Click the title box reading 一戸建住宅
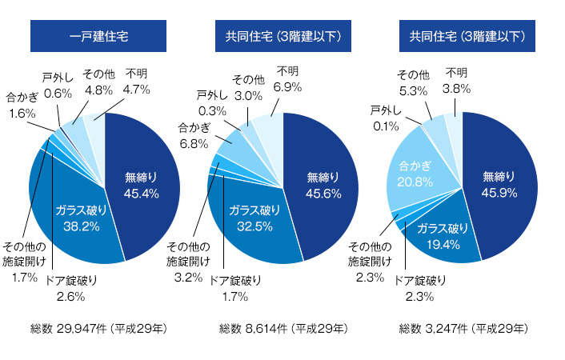(98, 36)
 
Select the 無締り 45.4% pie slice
(141, 184)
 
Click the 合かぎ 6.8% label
(194, 135)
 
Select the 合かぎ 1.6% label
(22, 106)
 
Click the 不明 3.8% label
(457, 82)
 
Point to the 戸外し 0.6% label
(58, 85)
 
